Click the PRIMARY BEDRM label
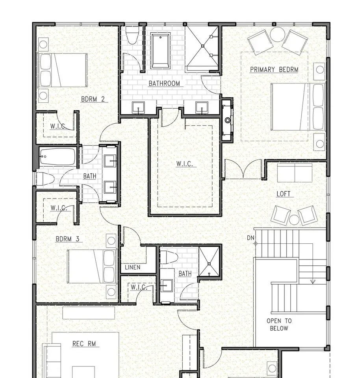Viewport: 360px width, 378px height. (274, 70)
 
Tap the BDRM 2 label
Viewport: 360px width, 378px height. (93, 99)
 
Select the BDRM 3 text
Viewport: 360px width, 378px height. (67, 239)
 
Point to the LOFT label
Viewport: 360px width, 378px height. (283, 194)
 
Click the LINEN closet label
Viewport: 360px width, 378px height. (133, 267)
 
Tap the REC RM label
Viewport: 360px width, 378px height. (84, 343)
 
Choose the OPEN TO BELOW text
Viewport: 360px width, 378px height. (279, 324)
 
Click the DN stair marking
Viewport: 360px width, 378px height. (251, 238)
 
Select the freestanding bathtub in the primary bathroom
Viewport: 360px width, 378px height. (160, 51)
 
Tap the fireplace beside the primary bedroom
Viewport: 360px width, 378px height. (227, 120)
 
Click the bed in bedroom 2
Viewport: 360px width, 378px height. (63, 70)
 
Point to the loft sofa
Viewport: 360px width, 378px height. (295, 173)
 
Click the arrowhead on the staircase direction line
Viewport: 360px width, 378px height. (313, 281)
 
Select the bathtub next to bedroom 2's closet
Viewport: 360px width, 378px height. (58, 157)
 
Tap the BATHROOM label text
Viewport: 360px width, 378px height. (164, 83)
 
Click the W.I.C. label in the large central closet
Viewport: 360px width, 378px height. (184, 164)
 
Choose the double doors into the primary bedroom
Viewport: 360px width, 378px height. (243, 169)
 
